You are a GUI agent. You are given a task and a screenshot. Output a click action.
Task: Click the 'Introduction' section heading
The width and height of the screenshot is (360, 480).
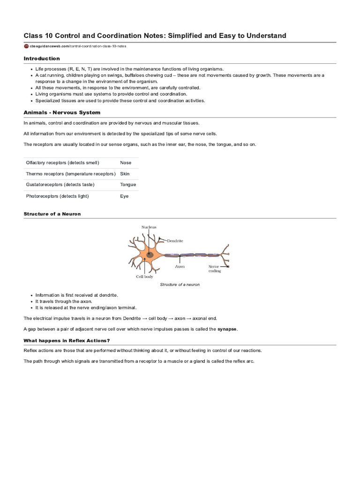pos(42,59)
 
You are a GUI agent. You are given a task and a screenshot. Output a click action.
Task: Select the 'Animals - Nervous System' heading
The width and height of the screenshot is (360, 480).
pos(62,112)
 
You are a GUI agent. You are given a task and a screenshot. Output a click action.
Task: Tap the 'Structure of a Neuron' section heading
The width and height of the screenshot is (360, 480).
pos(52,214)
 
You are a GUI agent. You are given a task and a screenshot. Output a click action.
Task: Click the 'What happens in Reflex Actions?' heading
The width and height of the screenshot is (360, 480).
pos(67,340)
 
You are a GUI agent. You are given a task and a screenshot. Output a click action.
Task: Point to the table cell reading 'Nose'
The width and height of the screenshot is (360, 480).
pos(126,163)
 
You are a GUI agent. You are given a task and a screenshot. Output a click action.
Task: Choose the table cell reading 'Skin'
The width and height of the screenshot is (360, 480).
pos(125,174)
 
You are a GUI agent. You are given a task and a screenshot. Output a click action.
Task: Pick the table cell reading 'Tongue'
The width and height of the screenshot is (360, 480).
pos(128,185)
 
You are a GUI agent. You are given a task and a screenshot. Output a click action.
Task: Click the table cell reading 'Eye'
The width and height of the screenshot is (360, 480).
pos(124,196)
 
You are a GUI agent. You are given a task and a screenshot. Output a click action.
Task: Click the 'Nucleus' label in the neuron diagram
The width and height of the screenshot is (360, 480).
pos(149,227)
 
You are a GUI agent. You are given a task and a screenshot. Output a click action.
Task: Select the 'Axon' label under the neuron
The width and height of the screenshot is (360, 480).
pos(180,266)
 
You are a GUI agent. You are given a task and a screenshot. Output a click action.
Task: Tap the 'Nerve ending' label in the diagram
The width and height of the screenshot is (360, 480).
pos(215,269)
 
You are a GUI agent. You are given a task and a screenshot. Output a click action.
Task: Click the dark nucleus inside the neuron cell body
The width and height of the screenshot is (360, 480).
pos(150,255)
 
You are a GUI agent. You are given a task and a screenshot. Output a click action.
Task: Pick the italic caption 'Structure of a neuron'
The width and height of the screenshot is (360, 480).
pos(180,285)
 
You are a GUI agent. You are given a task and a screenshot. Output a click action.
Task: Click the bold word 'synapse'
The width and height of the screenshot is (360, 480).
pos(227,329)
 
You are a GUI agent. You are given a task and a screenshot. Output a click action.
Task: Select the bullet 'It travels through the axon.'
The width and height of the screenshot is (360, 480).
pos(64,301)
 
